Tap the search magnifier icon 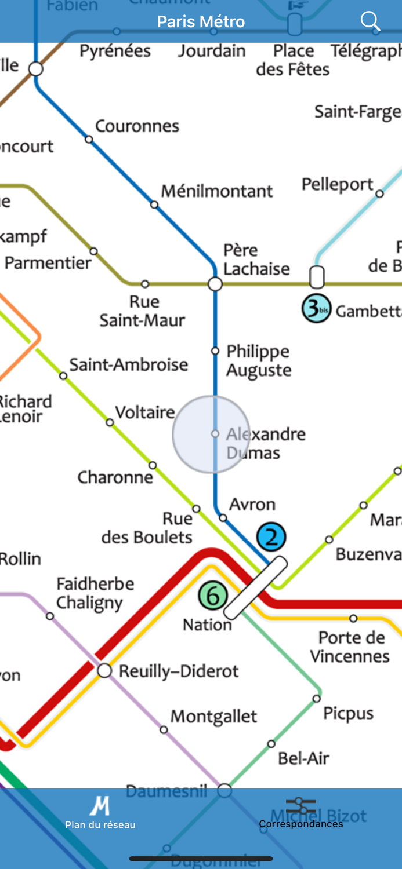click(370, 21)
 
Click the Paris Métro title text click(201, 22)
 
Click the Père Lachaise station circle click(215, 284)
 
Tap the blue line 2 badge click(271, 536)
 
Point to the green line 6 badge click(213, 596)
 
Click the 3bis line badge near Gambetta click(316, 309)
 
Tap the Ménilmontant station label click(217, 191)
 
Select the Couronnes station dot click(89, 139)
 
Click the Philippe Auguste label click(259, 360)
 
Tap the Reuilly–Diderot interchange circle click(104, 671)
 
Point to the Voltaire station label click(145, 412)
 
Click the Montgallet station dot click(164, 730)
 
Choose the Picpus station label click(348, 714)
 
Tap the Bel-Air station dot click(271, 744)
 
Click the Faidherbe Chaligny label click(95, 593)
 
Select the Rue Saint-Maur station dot click(145, 284)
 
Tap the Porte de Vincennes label click(350, 647)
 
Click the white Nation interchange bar click(256, 587)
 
